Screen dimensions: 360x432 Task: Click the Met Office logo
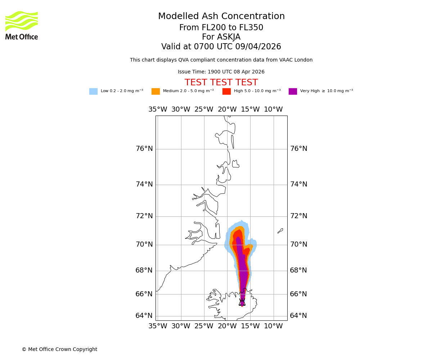click(22, 25)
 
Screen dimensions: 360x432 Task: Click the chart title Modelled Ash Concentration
click(221, 17)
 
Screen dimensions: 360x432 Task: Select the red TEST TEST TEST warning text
click(221, 83)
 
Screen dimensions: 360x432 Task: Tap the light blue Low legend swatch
click(93, 91)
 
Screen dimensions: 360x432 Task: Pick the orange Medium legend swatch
click(156, 91)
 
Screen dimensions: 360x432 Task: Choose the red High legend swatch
click(226, 91)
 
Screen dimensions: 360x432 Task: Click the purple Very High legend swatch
click(293, 91)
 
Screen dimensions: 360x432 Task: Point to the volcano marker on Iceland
click(242, 302)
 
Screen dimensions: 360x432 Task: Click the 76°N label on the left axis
click(144, 149)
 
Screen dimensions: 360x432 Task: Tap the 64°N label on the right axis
click(298, 316)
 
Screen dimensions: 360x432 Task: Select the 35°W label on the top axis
click(158, 109)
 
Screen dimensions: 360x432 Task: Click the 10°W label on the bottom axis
click(273, 326)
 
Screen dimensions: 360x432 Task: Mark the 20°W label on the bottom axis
click(227, 326)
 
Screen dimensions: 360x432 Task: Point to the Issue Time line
click(221, 72)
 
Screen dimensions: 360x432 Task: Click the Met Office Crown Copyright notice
click(59, 350)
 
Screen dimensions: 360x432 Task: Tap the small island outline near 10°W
click(280, 231)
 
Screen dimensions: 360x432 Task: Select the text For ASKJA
click(221, 37)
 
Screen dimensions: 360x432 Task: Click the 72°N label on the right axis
click(298, 216)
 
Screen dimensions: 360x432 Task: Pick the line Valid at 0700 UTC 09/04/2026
click(221, 47)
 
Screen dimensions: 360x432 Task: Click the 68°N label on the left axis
click(144, 270)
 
